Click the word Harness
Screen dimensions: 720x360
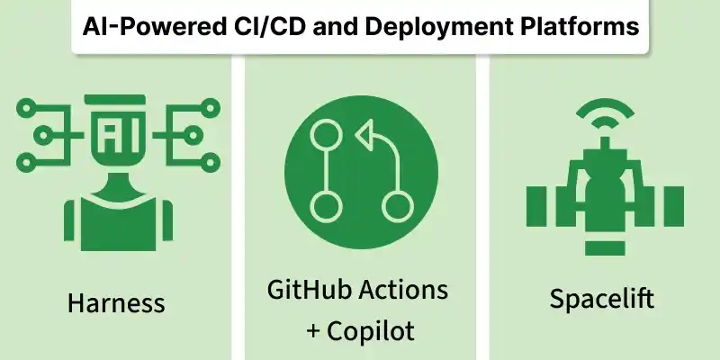click(116, 303)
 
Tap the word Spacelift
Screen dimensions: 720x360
click(601, 299)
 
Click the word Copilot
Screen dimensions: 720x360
click(371, 330)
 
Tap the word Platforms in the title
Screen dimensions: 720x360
click(580, 26)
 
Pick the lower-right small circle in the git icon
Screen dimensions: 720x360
click(398, 207)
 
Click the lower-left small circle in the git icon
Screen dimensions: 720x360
click(326, 207)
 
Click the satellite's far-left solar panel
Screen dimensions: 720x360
click(536, 206)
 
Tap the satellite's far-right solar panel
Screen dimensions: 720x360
click(673, 206)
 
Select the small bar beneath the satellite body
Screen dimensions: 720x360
click(605, 248)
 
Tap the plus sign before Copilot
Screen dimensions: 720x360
click(313, 331)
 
